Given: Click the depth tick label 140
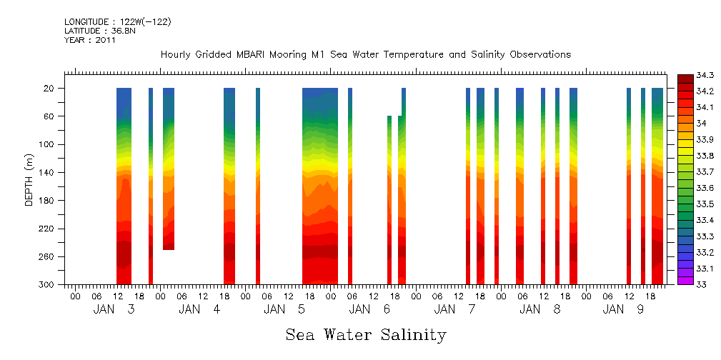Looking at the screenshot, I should [x=49, y=172].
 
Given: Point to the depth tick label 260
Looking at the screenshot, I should [x=49, y=256].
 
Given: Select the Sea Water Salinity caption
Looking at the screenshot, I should [x=366, y=335].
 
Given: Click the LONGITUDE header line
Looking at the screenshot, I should [x=117, y=22].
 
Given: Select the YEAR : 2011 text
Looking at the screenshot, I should [x=90, y=40].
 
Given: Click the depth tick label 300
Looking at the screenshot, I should [x=49, y=284].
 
